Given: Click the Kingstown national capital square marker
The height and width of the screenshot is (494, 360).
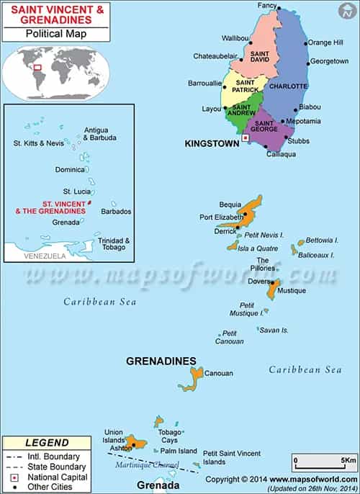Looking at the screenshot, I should pyautogui.click(x=246, y=137).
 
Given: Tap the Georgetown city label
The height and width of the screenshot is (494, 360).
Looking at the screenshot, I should pyautogui.click(x=329, y=62).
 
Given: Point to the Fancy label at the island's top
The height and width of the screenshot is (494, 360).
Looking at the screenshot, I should pyautogui.click(x=267, y=6).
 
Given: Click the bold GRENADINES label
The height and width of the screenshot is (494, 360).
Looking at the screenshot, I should pyautogui.click(x=161, y=360).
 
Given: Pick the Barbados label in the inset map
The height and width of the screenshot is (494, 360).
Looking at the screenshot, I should pyautogui.click(x=117, y=212).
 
